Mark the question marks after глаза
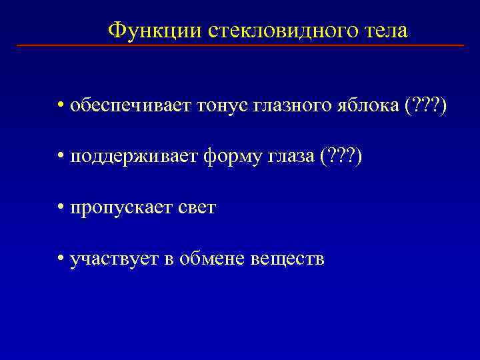pos(341,157)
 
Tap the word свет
pos(196,207)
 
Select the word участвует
pos(112,259)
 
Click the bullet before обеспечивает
pos(61,106)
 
